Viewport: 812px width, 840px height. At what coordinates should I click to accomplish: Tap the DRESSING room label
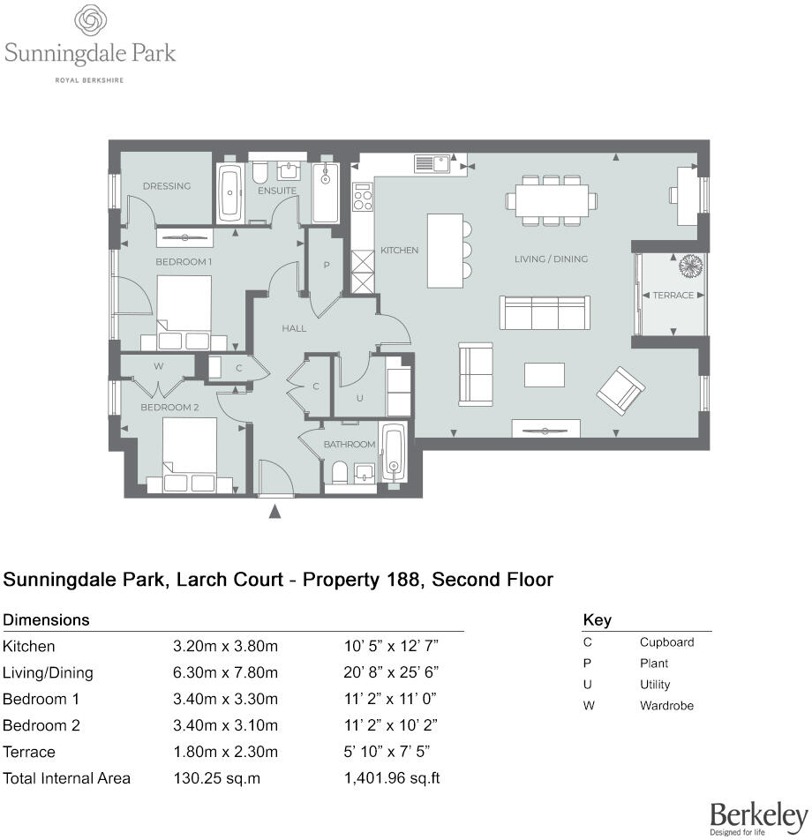(167, 186)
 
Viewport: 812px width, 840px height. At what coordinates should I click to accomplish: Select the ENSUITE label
(277, 191)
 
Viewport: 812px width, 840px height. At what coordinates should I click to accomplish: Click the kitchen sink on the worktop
(432, 163)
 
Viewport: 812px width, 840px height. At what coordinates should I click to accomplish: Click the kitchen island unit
(445, 250)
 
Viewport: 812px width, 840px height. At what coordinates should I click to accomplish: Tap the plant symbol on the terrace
(689, 266)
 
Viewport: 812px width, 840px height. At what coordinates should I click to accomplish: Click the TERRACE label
(673, 296)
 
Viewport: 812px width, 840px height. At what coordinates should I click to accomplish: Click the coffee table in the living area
(544, 375)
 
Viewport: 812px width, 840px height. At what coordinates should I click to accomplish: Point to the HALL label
(294, 328)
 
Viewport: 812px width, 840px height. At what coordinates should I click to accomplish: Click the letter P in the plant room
(327, 265)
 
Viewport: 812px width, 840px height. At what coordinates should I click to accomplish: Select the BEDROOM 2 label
(169, 408)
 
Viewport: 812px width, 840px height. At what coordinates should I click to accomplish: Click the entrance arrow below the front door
(275, 511)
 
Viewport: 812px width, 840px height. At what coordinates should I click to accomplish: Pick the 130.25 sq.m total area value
(216, 778)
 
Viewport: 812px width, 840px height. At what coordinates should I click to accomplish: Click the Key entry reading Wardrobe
(666, 706)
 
